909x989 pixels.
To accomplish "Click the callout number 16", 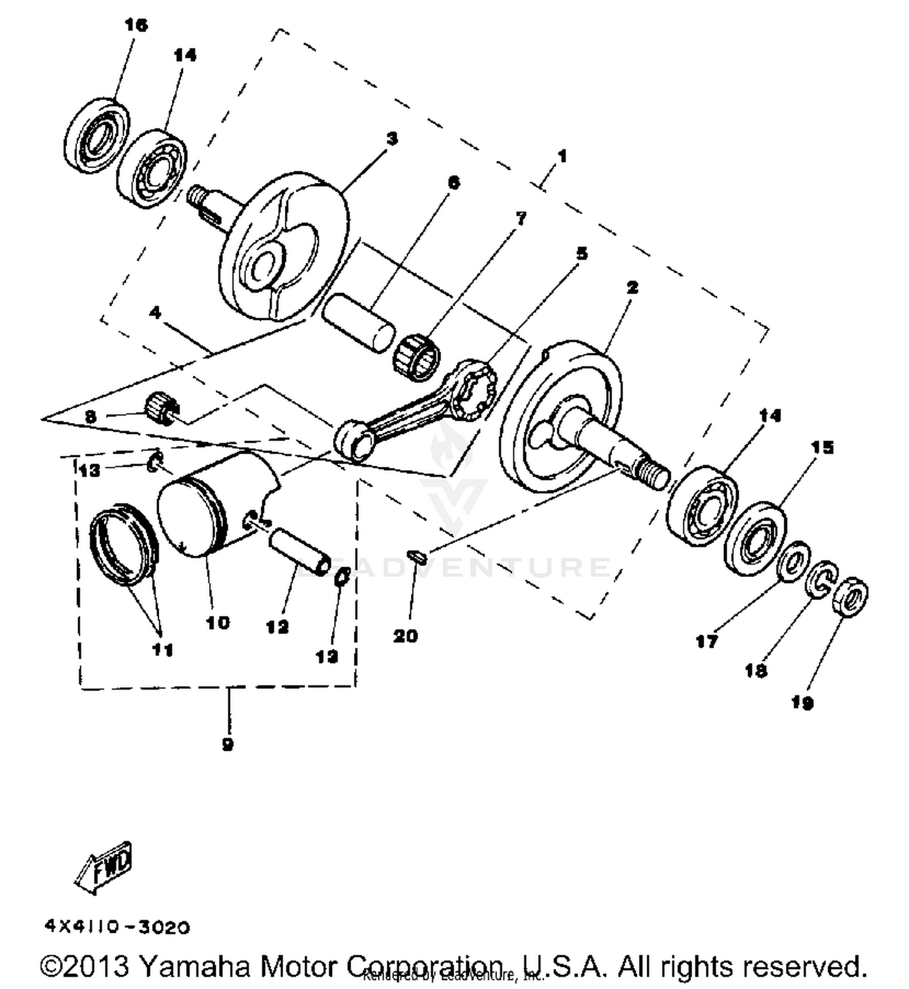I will (136, 25).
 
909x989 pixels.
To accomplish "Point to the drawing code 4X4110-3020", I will (117, 927).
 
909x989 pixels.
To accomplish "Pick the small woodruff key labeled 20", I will (417, 555).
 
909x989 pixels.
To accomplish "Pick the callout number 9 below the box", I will (228, 744).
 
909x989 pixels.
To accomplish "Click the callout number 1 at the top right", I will (562, 156).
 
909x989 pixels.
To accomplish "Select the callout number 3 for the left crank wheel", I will (392, 139).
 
